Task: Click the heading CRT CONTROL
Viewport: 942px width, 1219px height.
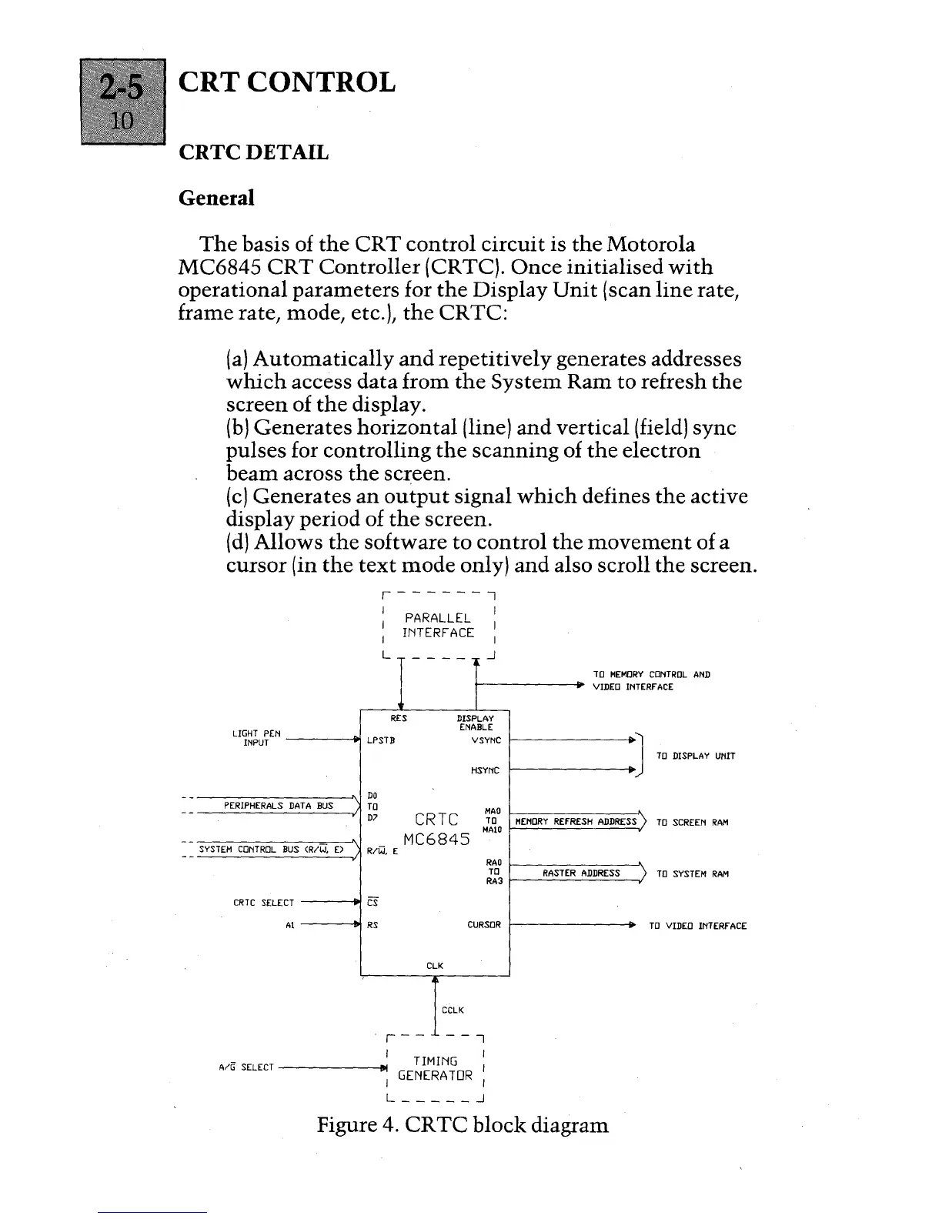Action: [x=287, y=82]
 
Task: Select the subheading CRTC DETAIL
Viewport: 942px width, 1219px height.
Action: [x=253, y=152]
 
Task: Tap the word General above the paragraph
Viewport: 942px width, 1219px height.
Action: [x=215, y=198]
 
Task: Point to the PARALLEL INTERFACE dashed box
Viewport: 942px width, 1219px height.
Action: [x=438, y=625]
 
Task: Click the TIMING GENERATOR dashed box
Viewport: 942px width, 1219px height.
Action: [x=435, y=1067]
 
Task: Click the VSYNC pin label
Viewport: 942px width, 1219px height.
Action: [x=486, y=740]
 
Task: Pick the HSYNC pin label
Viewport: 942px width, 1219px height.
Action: [x=486, y=770]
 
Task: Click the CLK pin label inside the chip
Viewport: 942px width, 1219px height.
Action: [x=435, y=965]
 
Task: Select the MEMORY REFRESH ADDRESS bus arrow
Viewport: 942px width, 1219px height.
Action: [x=576, y=822]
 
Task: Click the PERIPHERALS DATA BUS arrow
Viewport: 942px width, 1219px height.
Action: [x=279, y=806]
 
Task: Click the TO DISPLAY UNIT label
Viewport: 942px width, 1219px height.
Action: [x=696, y=756]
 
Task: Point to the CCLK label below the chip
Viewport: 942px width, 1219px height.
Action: [x=453, y=1010]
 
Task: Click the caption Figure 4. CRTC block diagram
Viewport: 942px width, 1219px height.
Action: [x=463, y=1125]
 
